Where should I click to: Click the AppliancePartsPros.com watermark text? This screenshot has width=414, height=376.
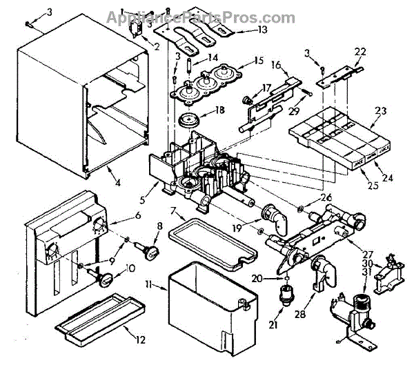point(201,17)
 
